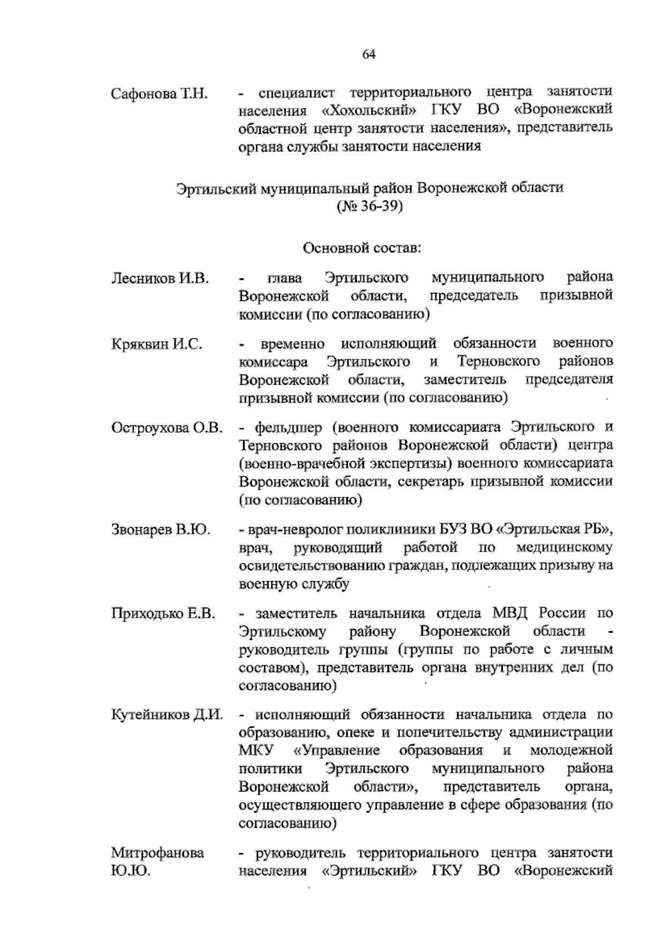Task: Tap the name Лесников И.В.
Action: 160,278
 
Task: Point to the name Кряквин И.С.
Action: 157,344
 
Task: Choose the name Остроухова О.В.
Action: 167,428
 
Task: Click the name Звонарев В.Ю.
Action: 161,530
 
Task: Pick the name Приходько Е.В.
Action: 163,614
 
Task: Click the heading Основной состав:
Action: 362,248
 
